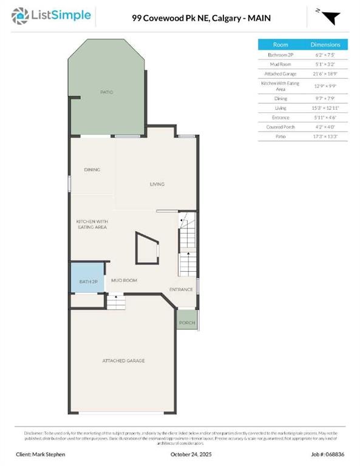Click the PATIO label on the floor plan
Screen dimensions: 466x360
(107, 92)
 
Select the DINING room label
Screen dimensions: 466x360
(92, 170)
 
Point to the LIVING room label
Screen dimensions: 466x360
(157, 184)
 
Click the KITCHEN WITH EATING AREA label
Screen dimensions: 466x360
(92, 224)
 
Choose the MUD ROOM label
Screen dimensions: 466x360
(124, 280)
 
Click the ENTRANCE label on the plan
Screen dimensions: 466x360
(181, 289)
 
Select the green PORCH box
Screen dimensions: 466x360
(187, 322)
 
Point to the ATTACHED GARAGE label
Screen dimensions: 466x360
(123, 360)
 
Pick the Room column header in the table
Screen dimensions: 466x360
(280, 45)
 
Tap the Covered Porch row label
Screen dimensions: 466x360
(280, 127)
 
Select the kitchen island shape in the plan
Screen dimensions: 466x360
(147, 248)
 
